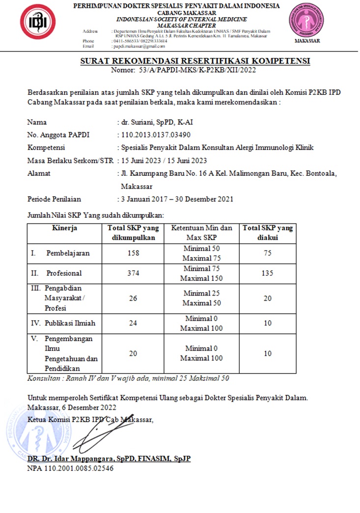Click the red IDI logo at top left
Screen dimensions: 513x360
(x=34, y=22)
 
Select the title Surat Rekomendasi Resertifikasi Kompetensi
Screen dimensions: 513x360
(x=195, y=61)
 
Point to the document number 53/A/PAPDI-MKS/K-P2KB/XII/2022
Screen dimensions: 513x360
(x=197, y=70)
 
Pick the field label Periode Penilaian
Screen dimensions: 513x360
(x=54, y=199)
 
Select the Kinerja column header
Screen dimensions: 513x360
(x=64, y=228)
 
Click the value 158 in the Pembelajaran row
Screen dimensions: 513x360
(x=133, y=253)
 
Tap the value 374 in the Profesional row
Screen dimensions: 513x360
(x=133, y=273)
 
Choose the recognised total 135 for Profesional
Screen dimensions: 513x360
(x=267, y=273)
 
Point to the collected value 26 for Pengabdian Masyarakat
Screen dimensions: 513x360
(x=133, y=298)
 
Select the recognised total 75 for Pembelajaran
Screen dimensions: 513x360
(x=267, y=253)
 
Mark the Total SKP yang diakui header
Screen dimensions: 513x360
(x=267, y=233)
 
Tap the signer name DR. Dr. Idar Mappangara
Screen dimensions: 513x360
(x=109, y=459)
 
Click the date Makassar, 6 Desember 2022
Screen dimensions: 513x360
(x=72, y=407)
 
